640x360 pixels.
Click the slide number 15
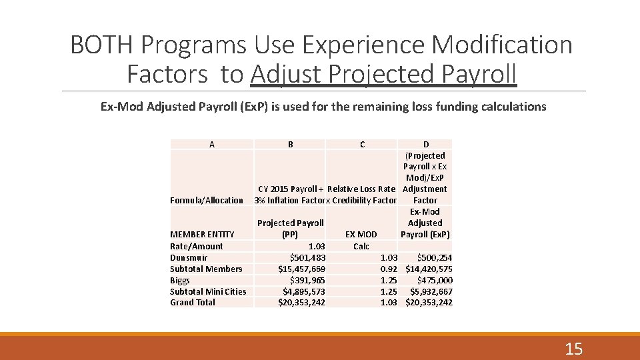click(573, 348)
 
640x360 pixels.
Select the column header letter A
click(212, 144)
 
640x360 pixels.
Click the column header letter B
click(290, 144)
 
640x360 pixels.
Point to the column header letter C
click(362, 144)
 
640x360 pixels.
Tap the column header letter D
click(426, 144)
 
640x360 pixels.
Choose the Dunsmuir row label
click(189, 257)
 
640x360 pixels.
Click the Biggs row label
click(180, 280)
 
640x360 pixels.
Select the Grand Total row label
click(193, 302)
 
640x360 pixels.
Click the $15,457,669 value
click(301, 269)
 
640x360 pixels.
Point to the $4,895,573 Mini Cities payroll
click(303, 291)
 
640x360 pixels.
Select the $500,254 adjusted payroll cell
click(434, 257)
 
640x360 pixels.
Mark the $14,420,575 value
click(429, 269)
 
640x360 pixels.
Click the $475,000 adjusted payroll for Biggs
click(434, 280)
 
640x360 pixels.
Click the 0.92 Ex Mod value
click(389, 269)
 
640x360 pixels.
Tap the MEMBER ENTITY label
click(202, 234)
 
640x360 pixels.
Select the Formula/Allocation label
click(207, 200)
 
